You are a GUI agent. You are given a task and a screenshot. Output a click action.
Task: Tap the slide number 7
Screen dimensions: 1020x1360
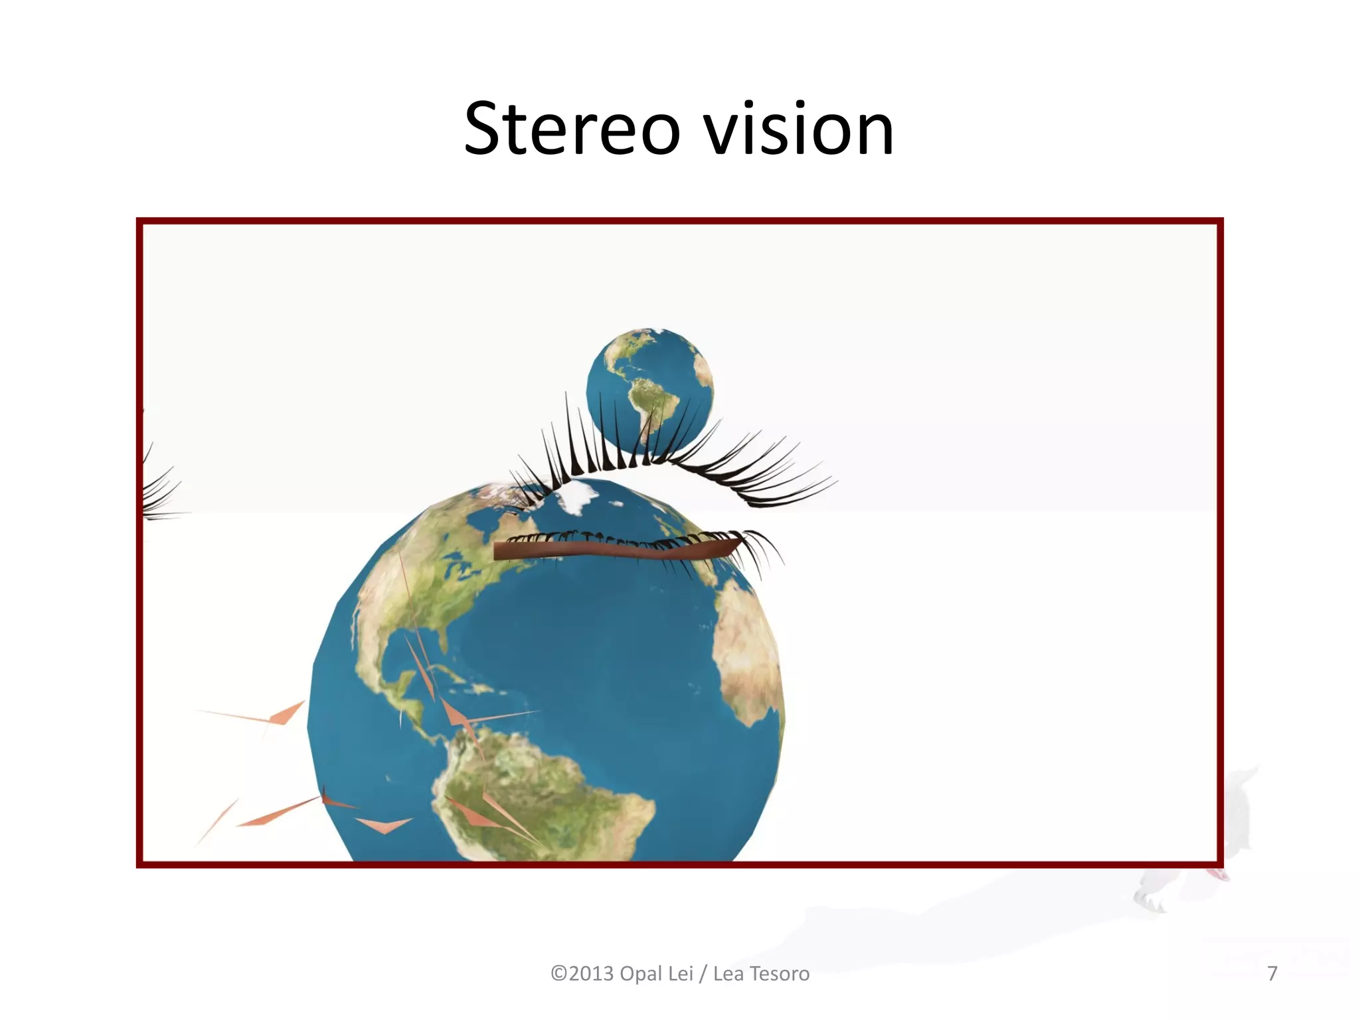(1272, 974)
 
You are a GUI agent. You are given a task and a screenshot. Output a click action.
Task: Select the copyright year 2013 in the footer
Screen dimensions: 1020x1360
(591, 974)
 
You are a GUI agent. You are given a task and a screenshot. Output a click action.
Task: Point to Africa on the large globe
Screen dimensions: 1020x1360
(747, 651)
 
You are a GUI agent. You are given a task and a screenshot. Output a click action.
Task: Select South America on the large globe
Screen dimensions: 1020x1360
(531, 790)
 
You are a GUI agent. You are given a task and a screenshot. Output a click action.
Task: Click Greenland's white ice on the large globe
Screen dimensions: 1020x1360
(578, 495)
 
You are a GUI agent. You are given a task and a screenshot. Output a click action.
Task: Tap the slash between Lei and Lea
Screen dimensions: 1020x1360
(703, 974)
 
